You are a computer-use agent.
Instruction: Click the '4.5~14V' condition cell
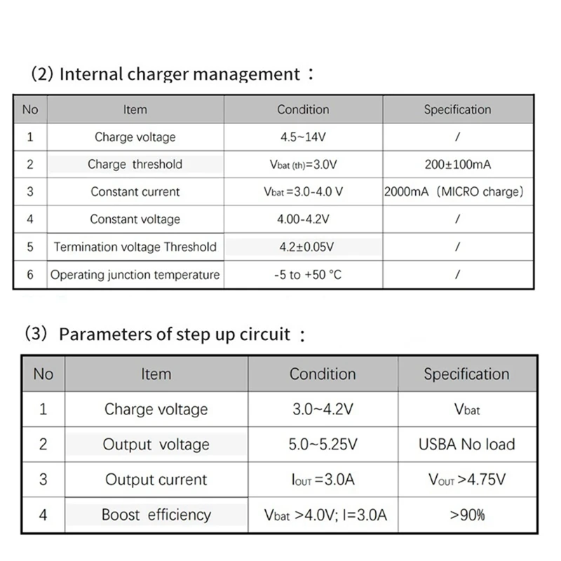click(303, 137)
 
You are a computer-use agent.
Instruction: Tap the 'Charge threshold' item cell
click(135, 164)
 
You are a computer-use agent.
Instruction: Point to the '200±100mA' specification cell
click(457, 164)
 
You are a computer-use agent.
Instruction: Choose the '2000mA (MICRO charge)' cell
click(454, 191)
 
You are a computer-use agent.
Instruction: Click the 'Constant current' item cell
click(135, 191)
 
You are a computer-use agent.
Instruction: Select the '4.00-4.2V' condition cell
click(303, 219)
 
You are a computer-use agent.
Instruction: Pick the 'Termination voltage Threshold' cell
click(135, 247)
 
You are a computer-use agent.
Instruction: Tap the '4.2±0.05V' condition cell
click(303, 247)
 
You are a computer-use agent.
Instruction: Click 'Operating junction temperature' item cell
click(135, 275)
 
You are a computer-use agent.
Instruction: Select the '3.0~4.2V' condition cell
click(323, 409)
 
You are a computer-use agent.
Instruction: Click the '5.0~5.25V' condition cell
click(323, 444)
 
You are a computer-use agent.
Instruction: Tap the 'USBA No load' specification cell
click(466, 444)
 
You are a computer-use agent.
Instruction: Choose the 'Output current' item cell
click(156, 480)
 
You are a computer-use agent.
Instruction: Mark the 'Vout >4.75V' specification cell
click(466, 480)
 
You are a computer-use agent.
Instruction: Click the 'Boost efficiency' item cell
click(156, 515)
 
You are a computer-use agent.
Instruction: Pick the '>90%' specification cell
click(466, 515)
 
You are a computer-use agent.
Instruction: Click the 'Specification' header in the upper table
click(457, 109)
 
